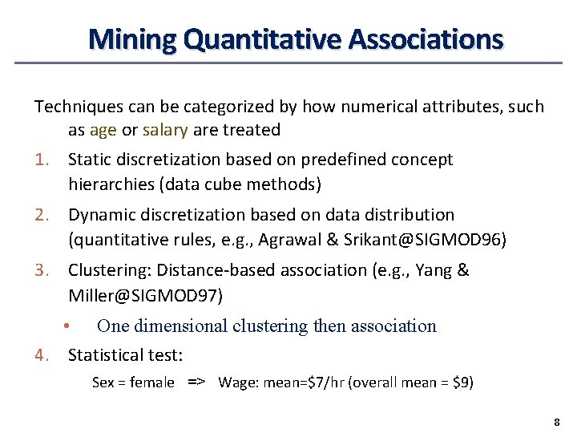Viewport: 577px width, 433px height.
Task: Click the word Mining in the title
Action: pyautogui.click(x=131, y=38)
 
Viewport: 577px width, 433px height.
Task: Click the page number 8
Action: pyautogui.click(x=555, y=422)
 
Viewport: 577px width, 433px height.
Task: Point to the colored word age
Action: pyautogui.click(x=103, y=130)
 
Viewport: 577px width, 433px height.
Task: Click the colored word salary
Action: pyautogui.click(x=165, y=130)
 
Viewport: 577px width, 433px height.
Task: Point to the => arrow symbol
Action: pyautogui.click(x=196, y=382)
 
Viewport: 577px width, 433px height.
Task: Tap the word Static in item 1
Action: pyautogui.click(x=91, y=160)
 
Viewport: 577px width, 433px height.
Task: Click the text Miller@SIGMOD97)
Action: pyautogui.click(x=145, y=295)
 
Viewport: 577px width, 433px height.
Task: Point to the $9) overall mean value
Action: pyautogui.click(x=463, y=382)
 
